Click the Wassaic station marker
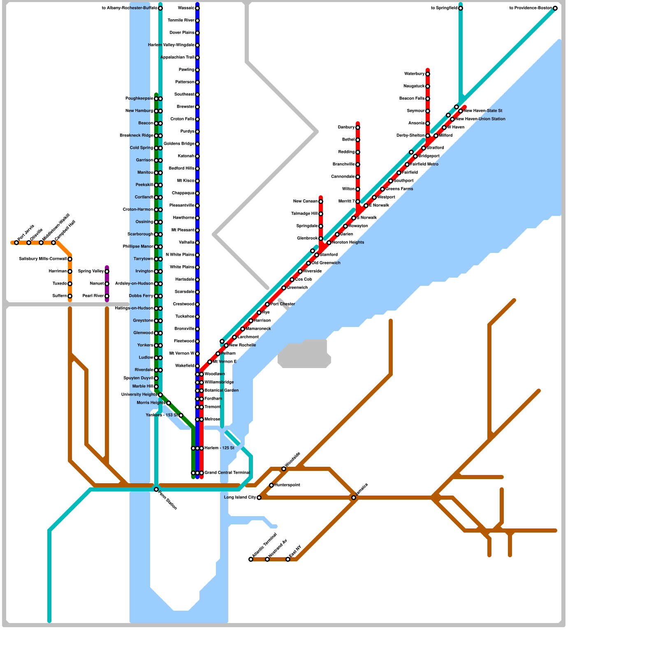click(197, 8)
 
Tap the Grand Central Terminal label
click(227, 473)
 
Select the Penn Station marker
click(156, 489)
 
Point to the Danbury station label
click(346, 127)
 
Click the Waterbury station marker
click(428, 74)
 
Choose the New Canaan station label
click(305, 202)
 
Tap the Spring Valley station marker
click(107, 271)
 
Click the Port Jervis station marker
click(16, 243)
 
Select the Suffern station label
click(60, 296)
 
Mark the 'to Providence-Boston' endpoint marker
click(555, 8)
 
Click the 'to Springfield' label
click(444, 8)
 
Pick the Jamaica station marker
click(354, 498)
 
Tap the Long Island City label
click(240, 498)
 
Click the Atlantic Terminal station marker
click(251, 559)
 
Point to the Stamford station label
click(329, 255)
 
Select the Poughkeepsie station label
click(139, 99)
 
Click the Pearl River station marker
click(107, 296)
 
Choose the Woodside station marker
click(284, 469)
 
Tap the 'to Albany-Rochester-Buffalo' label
click(129, 8)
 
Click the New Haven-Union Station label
click(480, 119)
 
